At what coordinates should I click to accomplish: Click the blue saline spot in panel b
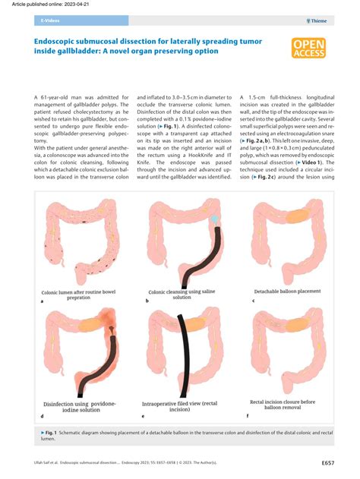[215, 218]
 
